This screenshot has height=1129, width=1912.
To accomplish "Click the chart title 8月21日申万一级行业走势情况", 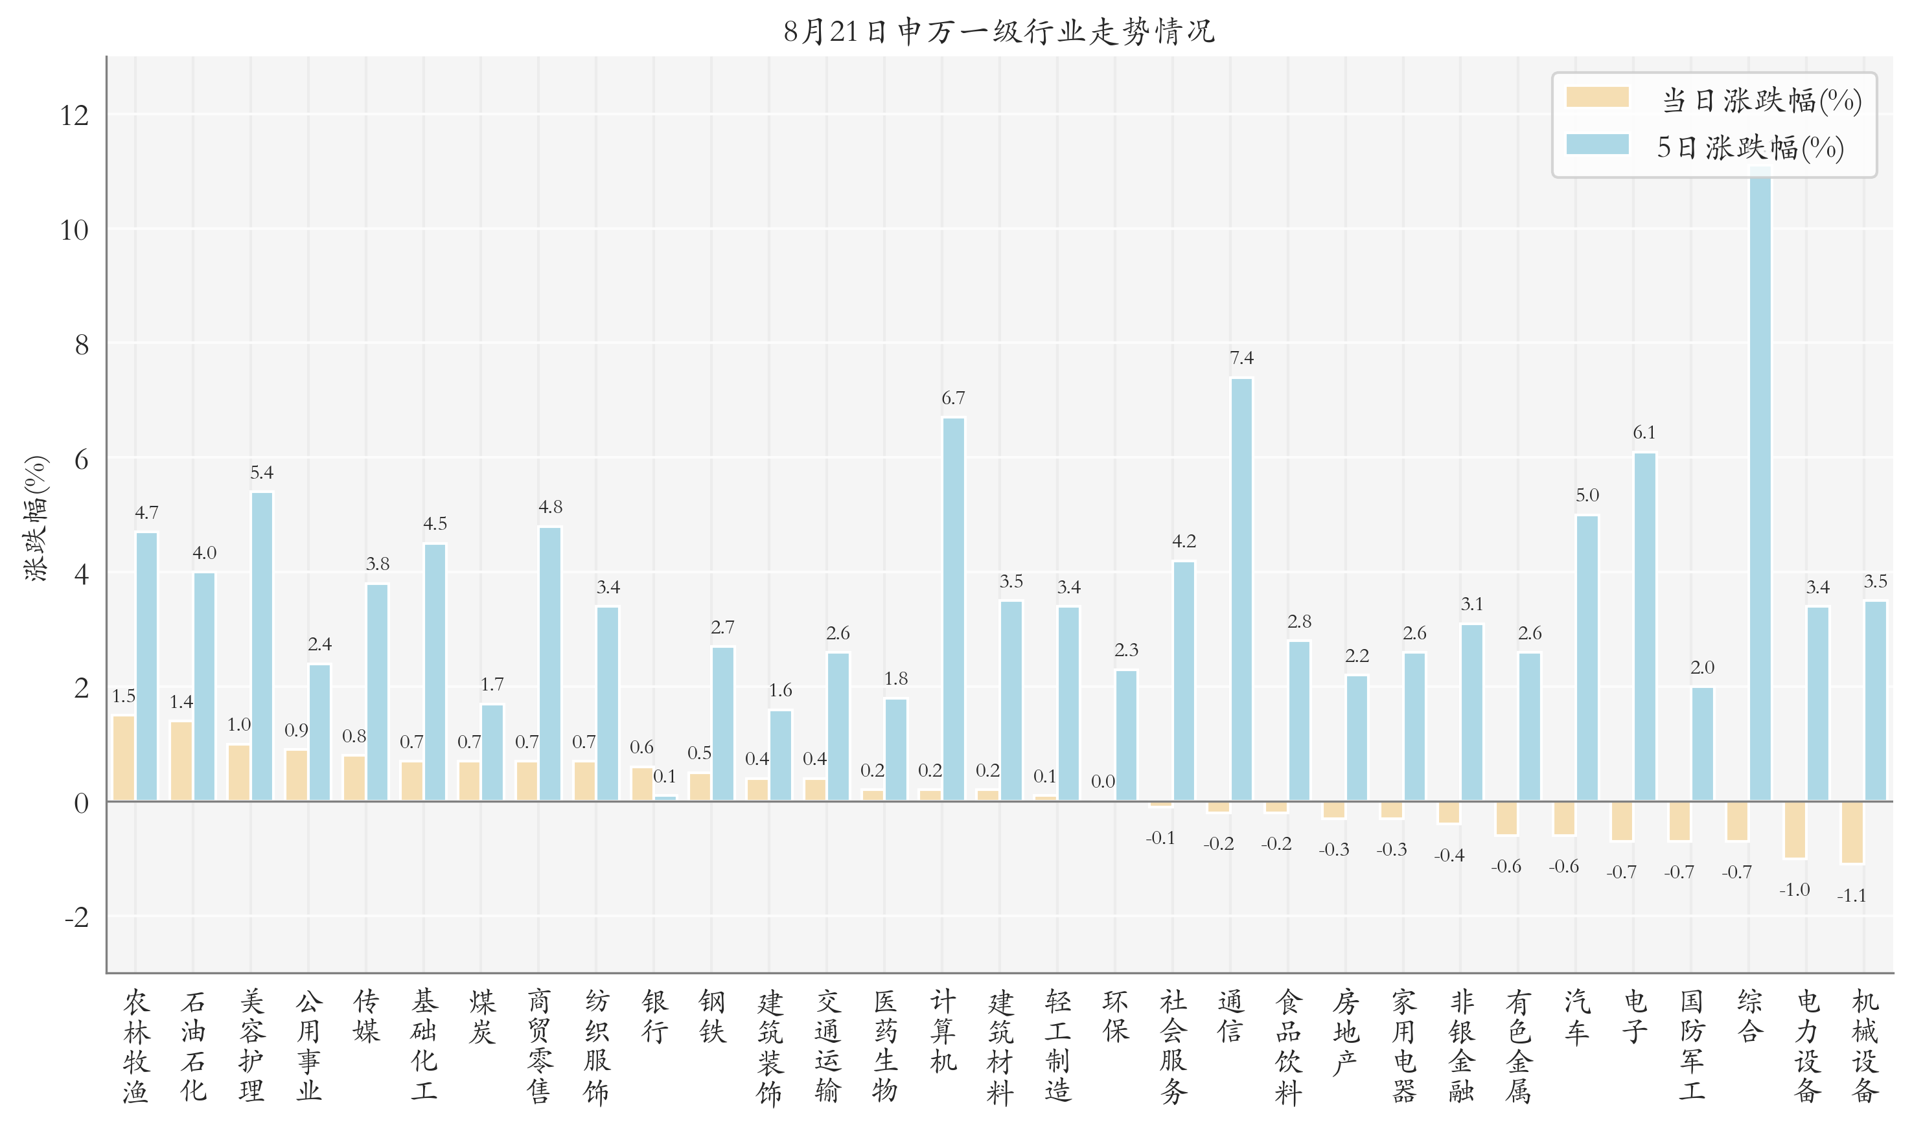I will click(999, 31).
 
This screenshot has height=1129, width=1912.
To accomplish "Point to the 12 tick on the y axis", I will click(75, 116).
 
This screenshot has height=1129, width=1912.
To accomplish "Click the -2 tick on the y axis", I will click(76, 917).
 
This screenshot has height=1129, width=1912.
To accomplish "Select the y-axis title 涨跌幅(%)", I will click(36, 518).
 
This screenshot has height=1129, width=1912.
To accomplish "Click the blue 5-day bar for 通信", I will click(1241, 589).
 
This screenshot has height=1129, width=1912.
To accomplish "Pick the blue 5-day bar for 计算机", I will click(953, 610).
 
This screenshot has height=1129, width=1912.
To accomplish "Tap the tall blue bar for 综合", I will click(1760, 487).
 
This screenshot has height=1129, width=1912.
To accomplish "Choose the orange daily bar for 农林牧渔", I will click(124, 758).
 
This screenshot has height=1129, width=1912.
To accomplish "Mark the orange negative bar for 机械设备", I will click(1852, 832).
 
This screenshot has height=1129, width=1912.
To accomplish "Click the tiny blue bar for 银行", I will click(665, 798).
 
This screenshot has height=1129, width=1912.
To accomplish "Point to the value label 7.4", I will click(1241, 358).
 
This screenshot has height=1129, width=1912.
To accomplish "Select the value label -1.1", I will click(1851, 895).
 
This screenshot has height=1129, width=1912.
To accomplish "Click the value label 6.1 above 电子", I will click(1644, 432).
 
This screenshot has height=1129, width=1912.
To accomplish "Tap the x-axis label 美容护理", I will click(251, 1046).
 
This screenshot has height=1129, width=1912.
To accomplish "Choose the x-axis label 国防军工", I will click(1691, 1046).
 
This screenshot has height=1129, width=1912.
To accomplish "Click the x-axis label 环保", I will click(1116, 1016).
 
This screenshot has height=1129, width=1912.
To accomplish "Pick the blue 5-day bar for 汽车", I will click(1587, 658).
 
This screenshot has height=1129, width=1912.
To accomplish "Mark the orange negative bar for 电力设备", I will click(1794, 830).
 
